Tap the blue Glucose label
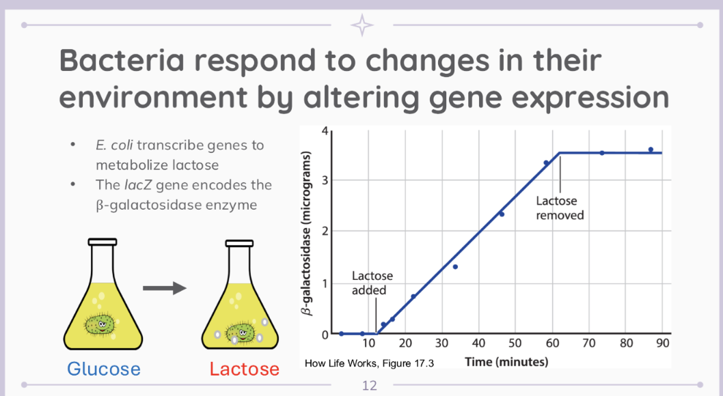pos(104,369)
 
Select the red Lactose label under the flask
pos(244,369)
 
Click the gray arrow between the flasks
pos(164,288)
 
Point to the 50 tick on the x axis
pos(516,343)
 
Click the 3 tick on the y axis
pos(326,180)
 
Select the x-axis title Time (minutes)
pos(506,361)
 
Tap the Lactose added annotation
pos(372,283)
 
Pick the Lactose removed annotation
pos(560,208)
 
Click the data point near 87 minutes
pos(651,150)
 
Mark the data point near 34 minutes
pos(455,266)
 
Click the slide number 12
pos(369,386)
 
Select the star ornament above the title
pos(361,25)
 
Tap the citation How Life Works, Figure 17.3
pos(369,363)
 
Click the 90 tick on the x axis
pos(662,343)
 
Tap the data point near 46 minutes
pos(501,214)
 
